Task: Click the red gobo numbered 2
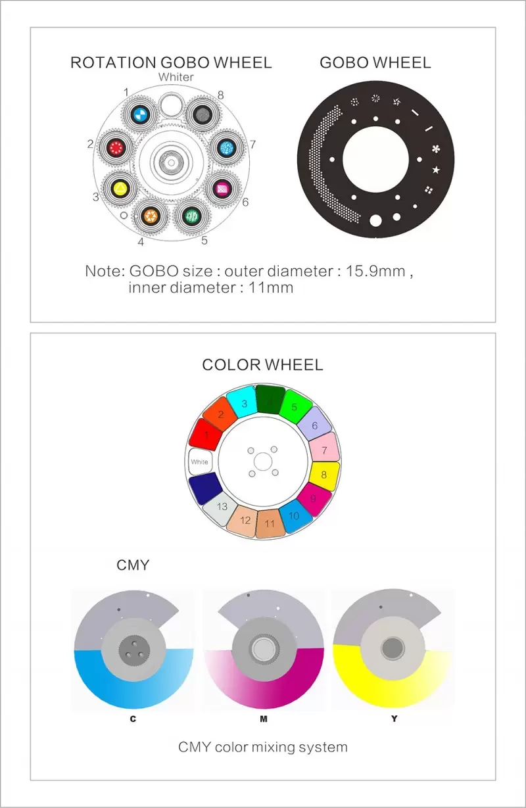click(x=116, y=148)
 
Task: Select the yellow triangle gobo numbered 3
click(x=120, y=188)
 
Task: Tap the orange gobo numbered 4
click(x=151, y=216)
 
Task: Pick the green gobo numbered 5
click(x=192, y=216)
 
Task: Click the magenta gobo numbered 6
click(x=223, y=188)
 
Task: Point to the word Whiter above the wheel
click(x=176, y=77)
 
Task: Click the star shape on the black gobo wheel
click(x=436, y=170)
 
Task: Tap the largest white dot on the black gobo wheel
click(x=375, y=220)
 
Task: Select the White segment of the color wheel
click(x=200, y=462)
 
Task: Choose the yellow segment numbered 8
click(x=324, y=475)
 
